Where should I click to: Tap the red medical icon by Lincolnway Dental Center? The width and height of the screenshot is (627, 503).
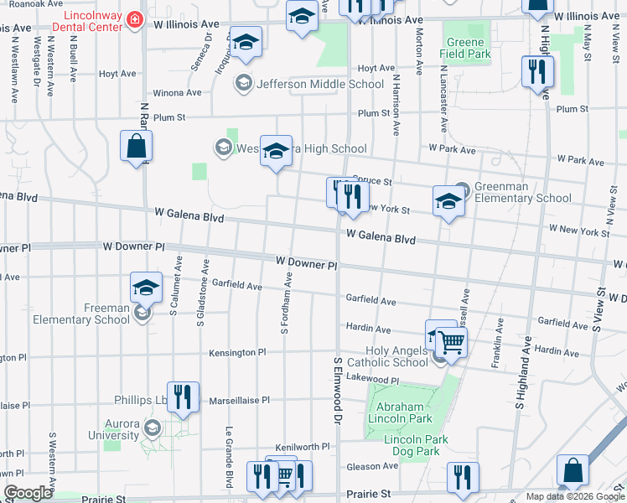coord(134,18)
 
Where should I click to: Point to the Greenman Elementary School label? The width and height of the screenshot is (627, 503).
coord(523,192)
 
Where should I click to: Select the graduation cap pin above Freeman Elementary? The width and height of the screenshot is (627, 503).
coord(146,288)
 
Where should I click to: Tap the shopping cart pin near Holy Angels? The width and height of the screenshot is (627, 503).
coord(451,341)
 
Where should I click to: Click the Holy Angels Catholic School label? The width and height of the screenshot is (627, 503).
coord(398,357)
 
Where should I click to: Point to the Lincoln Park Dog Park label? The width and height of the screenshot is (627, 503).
coord(416,445)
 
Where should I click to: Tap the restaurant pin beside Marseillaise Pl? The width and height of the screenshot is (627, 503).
coord(183,397)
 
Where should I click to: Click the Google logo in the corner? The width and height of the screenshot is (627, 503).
coord(28,493)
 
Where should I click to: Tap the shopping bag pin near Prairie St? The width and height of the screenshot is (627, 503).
coord(573,472)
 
